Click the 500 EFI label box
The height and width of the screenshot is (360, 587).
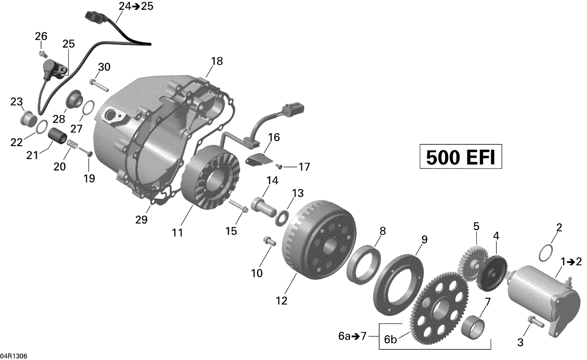click(x=461, y=157)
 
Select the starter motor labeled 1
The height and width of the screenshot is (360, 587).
click(x=534, y=292)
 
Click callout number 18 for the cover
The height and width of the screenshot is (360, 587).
click(x=217, y=61)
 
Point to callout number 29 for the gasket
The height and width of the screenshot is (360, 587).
click(x=141, y=220)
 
